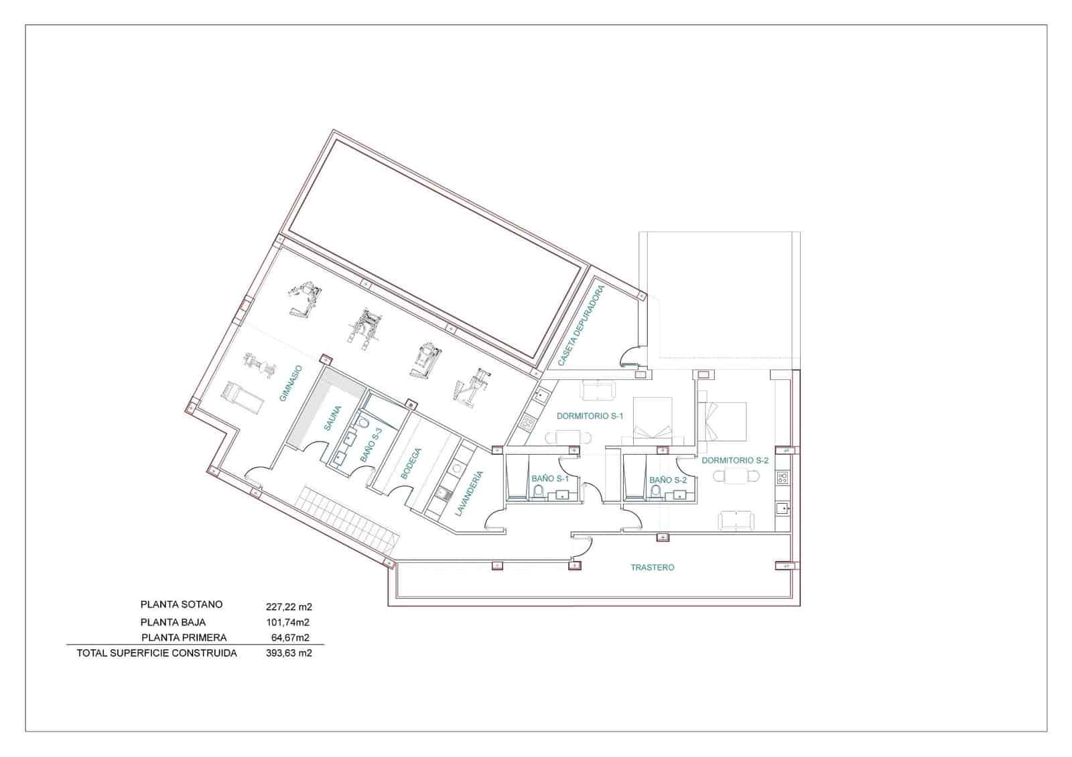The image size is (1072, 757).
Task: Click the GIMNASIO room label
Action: [x=291, y=383]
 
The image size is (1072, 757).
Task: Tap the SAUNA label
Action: [x=333, y=419]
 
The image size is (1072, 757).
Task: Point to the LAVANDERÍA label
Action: [x=468, y=493]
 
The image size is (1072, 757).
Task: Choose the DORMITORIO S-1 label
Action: [x=590, y=416]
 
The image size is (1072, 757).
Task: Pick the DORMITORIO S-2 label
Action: [x=734, y=460]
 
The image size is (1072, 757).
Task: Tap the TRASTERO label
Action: [x=652, y=567]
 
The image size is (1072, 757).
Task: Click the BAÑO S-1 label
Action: [x=549, y=479]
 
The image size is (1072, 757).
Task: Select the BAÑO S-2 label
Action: [x=667, y=480]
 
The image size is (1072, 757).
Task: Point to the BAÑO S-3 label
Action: [x=371, y=445]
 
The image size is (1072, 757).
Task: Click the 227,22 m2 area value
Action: [x=289, y=608]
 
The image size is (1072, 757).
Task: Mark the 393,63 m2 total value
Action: [x=289, y=653]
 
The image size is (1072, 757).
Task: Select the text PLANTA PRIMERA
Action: [x=184, y=638]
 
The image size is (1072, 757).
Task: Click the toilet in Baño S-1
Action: [x=538, y=492]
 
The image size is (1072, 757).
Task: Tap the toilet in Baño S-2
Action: [x=656, y=492]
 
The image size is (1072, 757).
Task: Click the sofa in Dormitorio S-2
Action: [x=736, y=520]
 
